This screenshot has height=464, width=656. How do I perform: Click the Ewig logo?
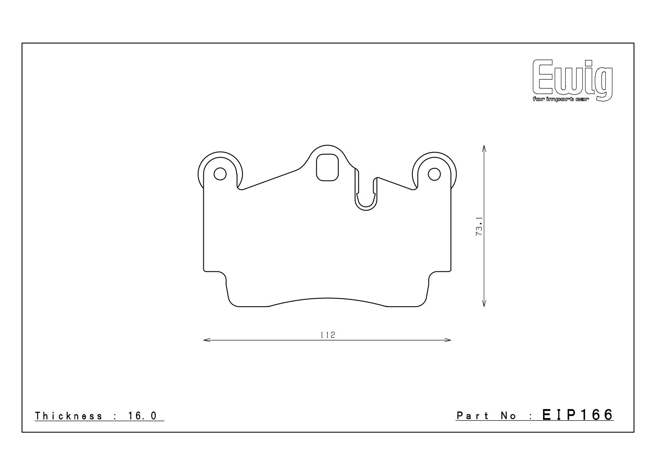click(573, 80)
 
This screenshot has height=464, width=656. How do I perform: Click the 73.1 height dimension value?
click(479, 227)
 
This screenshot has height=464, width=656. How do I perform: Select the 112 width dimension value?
click(328, 335)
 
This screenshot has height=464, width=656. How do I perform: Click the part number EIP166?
click(578, 415)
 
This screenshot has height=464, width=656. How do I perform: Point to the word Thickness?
click(69, 416)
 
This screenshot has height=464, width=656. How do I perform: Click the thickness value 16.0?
click(143, 416)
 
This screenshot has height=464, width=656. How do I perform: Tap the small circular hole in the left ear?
click(220, 174)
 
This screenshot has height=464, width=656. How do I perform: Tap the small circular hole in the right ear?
click(434, 174)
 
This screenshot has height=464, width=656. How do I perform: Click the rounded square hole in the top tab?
click(327, 167)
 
